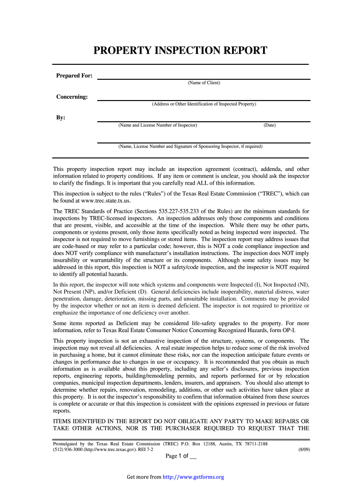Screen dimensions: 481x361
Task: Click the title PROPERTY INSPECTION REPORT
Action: click(180, 51)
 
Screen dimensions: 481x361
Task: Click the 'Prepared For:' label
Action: click(74, 76)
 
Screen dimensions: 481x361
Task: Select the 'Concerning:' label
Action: click(72, 97)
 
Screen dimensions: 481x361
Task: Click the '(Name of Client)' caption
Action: click(204, 83)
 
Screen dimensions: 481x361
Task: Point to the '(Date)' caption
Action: click(270, 125)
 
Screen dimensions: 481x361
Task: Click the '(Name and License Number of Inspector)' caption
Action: click(158, 125)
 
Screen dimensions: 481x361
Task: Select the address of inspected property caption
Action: click(204, 104)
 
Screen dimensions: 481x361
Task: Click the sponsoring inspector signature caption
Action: click(190, 147)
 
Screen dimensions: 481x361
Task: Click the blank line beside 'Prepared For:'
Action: click(204, 78)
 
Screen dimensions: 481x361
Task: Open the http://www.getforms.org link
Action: click(193, 477)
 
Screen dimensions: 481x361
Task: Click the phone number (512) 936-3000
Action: click(68, 450)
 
